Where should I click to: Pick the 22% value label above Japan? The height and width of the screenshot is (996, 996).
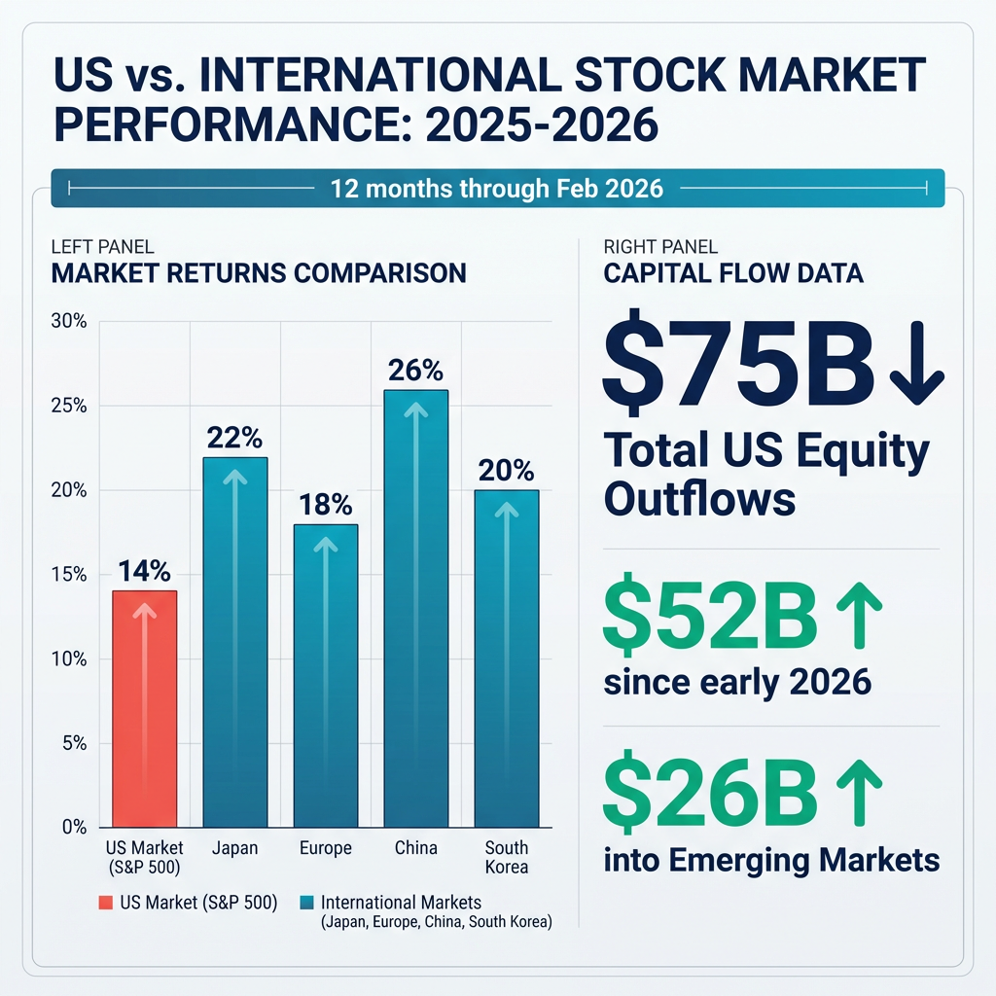(x=235, y=439)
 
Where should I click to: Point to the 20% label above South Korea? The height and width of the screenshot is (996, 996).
(x=506, y=472)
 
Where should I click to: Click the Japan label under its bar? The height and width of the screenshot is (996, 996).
(x=235, y=848)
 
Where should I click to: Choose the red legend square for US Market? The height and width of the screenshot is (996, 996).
(x=106, y=904)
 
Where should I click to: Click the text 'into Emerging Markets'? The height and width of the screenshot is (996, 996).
(x=771, y=860)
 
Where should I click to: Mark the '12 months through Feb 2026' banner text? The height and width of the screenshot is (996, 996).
(x=497, y=188)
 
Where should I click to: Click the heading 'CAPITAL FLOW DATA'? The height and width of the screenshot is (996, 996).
(x=733, y=273)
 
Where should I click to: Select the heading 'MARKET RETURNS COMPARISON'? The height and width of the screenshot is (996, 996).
(x=258, y=273)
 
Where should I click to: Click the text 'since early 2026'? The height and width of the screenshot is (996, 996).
(x=736, y=682)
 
